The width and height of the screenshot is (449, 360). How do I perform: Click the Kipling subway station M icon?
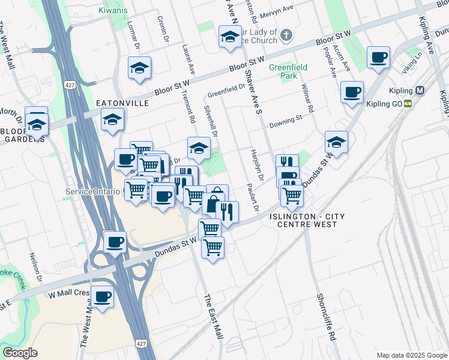coord(420,91)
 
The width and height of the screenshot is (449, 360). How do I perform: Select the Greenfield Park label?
coord(283,71)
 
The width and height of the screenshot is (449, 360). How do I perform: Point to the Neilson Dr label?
coord(36,268)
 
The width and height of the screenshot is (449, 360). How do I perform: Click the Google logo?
coord(20,353)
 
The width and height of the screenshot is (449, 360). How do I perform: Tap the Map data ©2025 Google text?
coord(411,355)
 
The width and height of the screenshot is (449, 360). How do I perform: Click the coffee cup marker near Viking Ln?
coord(379,58)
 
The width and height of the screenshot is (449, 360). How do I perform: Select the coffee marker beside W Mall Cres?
coord(103,296)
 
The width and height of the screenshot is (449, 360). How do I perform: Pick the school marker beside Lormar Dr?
coord(139,68)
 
